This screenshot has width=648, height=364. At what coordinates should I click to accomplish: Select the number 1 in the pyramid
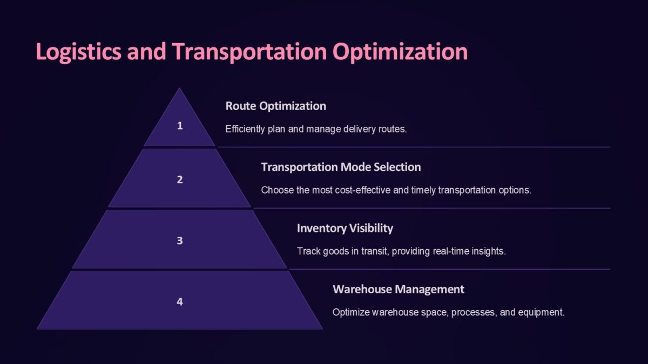click(x=180, y=126)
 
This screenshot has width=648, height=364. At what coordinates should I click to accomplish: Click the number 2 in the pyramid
click(x=180, y=180)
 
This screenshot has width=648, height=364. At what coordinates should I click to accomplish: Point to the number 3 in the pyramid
click(x=180, y=241)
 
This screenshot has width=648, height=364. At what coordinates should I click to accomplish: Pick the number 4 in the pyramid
click(x=180, y=301)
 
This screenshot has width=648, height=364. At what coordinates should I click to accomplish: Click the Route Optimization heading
click(x=275, y=106)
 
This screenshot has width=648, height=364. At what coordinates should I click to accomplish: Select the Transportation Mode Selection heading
click(x=341, y=167)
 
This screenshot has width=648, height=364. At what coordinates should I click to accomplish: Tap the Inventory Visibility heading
click(x=345, y=228)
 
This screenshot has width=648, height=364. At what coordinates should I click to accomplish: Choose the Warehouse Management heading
click(x=398, y=289)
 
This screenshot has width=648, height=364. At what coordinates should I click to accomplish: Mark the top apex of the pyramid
click(x=179, y=89)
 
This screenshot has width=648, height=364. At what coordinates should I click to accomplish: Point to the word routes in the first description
click(x=392, y=129)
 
